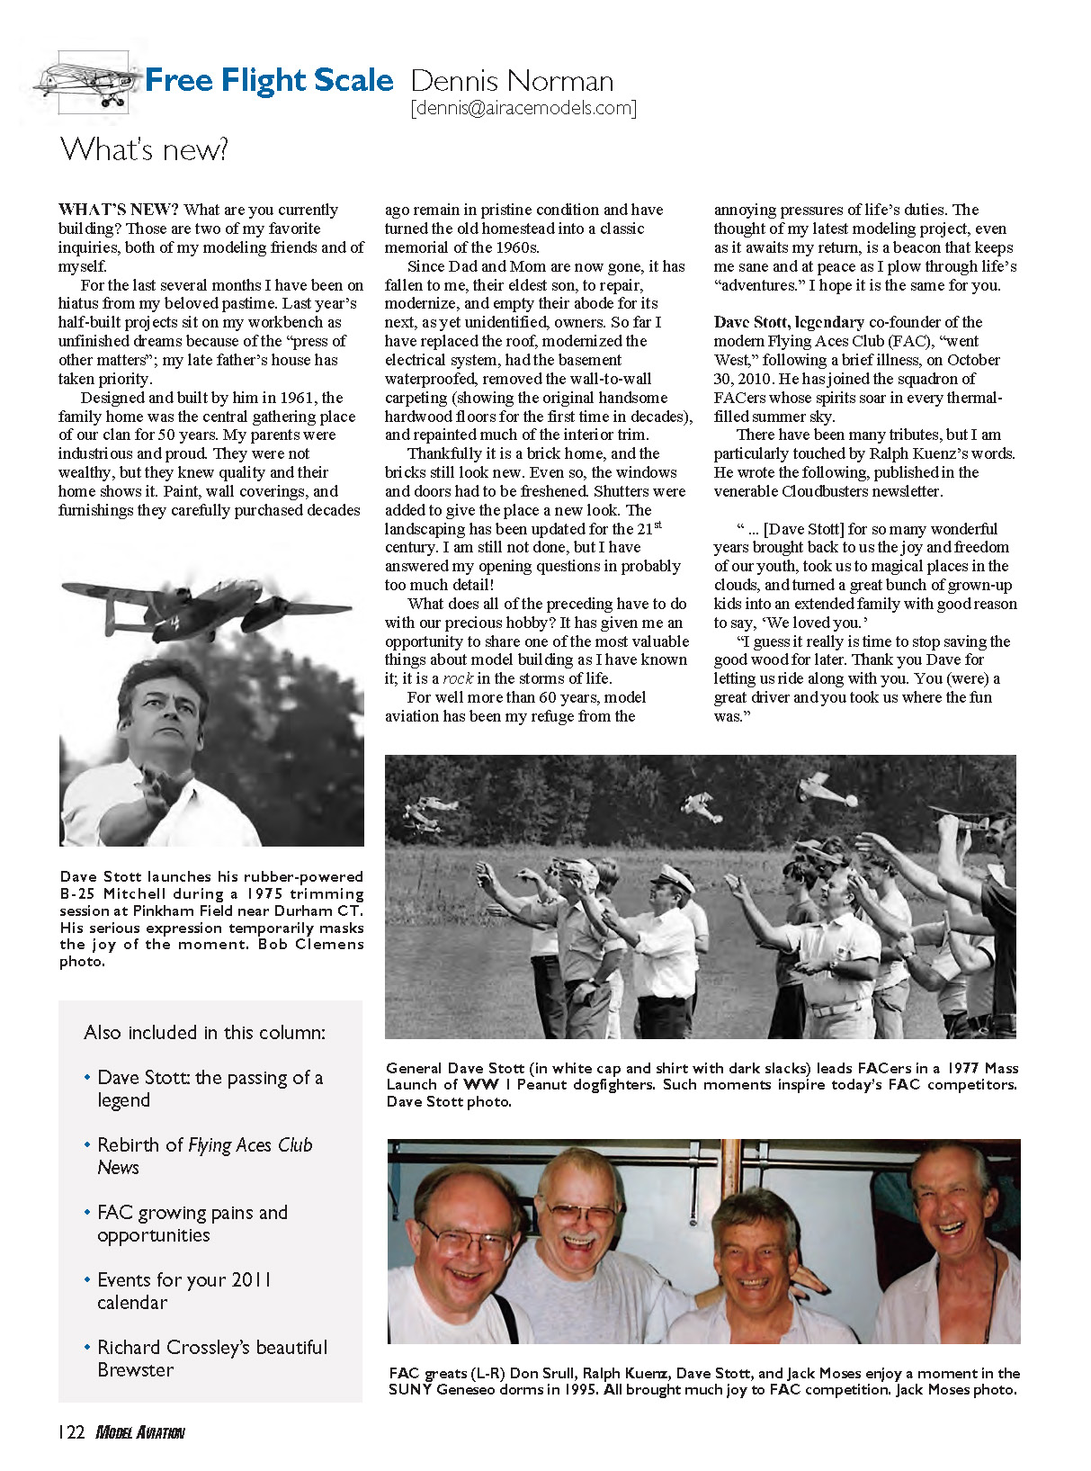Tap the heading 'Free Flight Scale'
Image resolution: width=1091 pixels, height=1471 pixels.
(x=269, y=81)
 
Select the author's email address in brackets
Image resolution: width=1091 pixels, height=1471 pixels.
(x=523, y=109)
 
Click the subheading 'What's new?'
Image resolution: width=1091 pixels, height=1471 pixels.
(x=144, y=148)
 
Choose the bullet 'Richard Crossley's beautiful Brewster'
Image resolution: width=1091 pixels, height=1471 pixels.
(x=211, y=1359)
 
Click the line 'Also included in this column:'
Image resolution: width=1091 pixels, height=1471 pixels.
(x=204, y=1033)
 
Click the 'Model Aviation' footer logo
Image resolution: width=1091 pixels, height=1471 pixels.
(x=140, y=1432)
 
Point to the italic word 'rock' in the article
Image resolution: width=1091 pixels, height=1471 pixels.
(x=457, y=679)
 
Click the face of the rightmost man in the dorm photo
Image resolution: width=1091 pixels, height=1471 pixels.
(x=953, y=1210)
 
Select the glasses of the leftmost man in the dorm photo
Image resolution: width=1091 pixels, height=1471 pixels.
(x=467, y=1242)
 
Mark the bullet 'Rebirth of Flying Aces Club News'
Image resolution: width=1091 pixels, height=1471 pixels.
(x=204, y=1156)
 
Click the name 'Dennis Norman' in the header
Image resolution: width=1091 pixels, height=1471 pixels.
(x=512, y=82)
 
